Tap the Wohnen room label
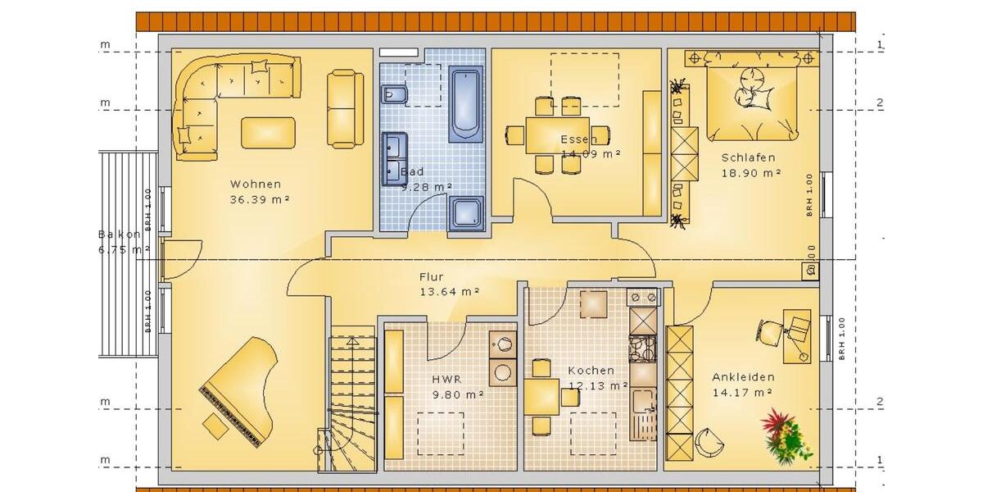[x=256, y=184]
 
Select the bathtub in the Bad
[x=466, y=104]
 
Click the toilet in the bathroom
[x=395, y=94]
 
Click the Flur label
[x=431, y=277]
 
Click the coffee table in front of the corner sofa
[x=268, y=132]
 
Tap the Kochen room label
[x=591, y=371]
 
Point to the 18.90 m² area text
[x=751, y=173]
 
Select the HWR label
[x=446, y=380]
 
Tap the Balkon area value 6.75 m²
[x=123, y=250]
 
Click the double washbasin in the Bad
[x=394, y=158]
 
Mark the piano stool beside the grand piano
[x=216, y=426]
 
